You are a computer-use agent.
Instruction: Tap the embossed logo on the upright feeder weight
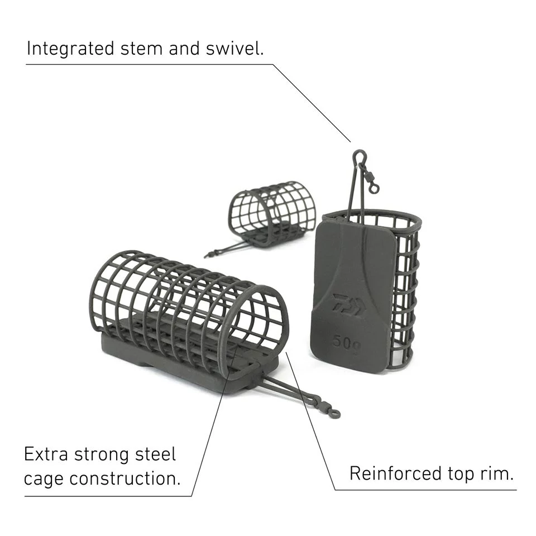(x=346, y=304)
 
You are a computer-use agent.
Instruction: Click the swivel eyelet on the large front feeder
(x=334, y=414)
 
